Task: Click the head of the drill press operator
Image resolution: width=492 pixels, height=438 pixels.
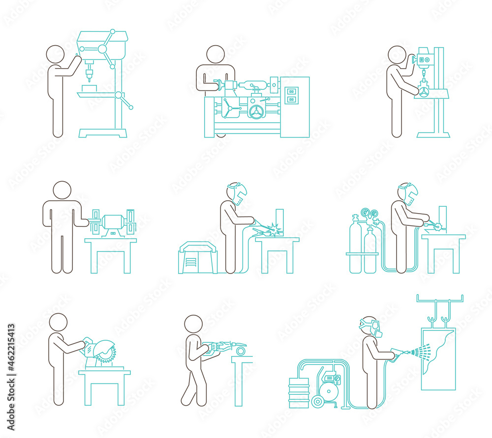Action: tap(55, 54)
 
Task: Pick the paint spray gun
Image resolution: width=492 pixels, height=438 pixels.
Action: tap(397, 353)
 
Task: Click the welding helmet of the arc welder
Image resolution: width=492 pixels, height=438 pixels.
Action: tap(238, 194)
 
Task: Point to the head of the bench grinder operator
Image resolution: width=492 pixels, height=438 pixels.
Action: tap(62, 190)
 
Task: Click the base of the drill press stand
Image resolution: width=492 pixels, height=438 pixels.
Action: tap(102, 133)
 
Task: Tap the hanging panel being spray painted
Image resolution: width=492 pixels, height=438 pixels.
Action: tap(438, 358)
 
